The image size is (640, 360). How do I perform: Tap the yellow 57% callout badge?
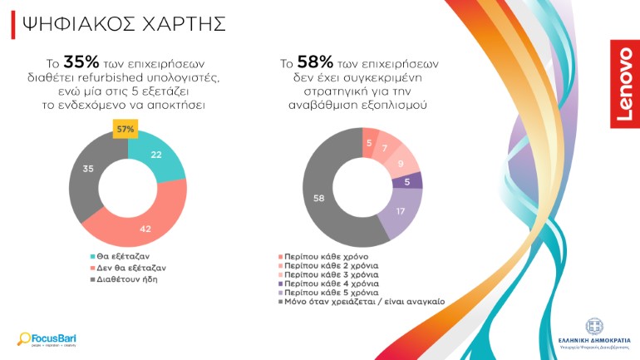(x=126, y=130)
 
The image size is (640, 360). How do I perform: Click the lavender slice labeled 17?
(x=401, y=213)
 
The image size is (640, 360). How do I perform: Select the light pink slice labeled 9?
(x=402, y=163)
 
